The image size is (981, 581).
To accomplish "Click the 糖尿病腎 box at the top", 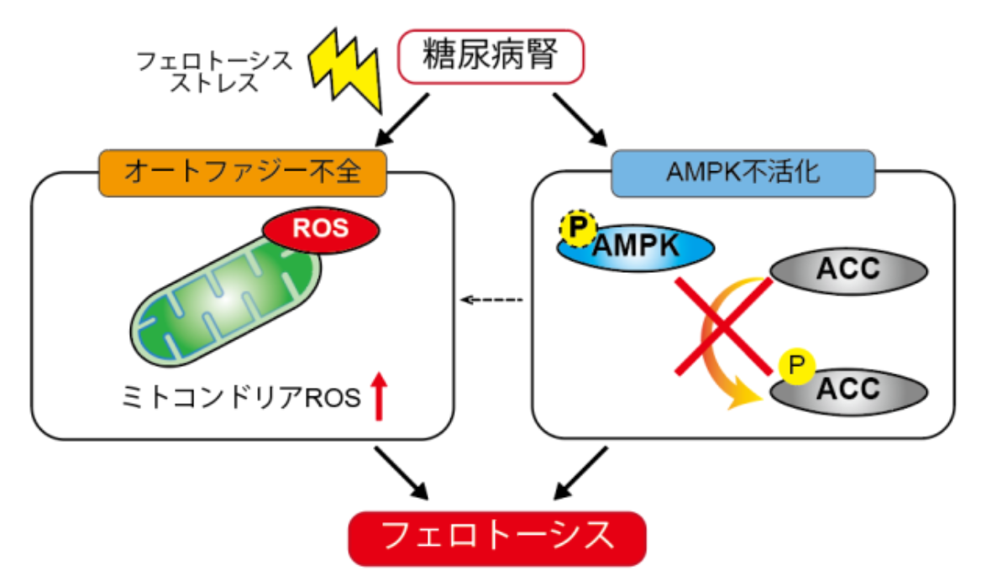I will [x=490, y=58].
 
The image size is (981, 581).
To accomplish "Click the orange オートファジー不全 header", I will [x=242, y=172].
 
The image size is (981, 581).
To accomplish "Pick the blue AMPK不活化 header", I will [x=742, y=172].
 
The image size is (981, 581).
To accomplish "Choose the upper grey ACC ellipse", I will [x=849, y=270].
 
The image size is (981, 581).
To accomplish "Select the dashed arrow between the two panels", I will [x=493, y=300].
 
